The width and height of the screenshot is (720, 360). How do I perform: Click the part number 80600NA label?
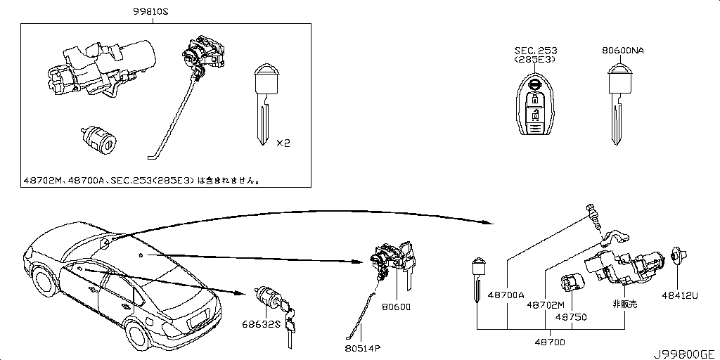622,51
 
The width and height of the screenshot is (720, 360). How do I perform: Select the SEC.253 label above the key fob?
535,51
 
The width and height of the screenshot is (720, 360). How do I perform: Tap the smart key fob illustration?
534,103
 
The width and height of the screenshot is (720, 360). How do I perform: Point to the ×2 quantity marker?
283,143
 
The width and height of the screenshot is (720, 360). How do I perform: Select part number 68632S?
262,324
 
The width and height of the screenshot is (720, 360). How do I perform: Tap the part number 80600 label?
395,307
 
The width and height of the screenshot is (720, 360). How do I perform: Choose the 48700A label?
506,295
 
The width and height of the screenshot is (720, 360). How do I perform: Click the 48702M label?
546,304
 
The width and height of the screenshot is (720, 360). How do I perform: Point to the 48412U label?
680,296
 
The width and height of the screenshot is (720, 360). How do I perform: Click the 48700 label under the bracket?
550,342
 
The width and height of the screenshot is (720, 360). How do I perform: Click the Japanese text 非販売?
625,304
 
